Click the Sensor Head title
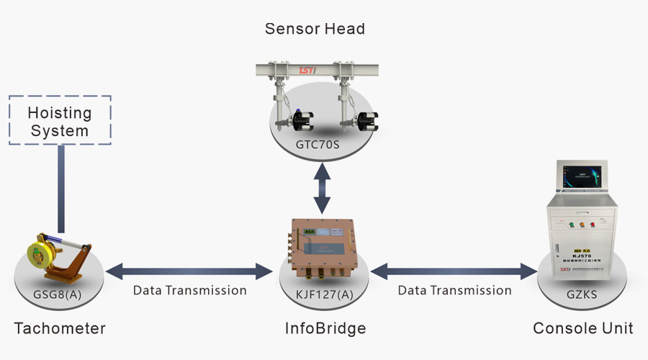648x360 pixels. [x=315, y=29]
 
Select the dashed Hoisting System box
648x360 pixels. [x=60, y=120]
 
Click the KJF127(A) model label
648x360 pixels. [x=325, y=293]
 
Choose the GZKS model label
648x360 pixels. [x=582, y=294]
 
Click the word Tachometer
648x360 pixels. [x=60, y=328]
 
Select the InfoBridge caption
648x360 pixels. [x=325, y=328]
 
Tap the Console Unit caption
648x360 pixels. [x=582, y=328]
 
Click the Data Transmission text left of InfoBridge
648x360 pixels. [x=190, y=291]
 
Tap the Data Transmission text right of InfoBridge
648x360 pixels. [x=455, y=291]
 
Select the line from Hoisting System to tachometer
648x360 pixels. [x=62, y=189]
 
